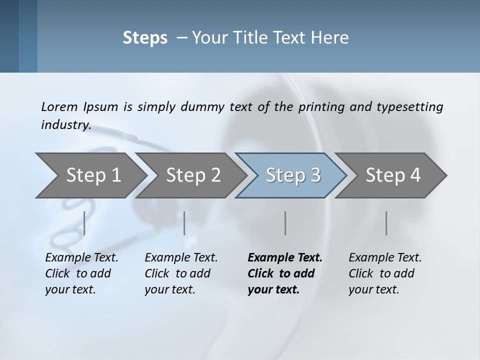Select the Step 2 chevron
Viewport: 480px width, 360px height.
(x=193, y=175)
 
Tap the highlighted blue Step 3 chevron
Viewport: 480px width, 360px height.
(x=293, y=175)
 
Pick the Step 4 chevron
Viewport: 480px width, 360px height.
(x=393, y=175)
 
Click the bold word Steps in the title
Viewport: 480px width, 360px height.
(x=145, y=38)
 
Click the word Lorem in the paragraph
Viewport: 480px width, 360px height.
(x=59, y=106)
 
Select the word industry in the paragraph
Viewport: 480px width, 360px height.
(x=66, y=124)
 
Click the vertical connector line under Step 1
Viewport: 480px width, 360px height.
(x=84, y=223)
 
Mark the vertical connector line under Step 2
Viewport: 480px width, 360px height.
(x=184, y=223)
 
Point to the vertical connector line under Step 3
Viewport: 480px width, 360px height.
(x=285, y=223)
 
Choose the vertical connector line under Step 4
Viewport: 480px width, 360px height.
(x=386, y=223)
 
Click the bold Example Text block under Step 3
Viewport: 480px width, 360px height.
(x=285, y=273)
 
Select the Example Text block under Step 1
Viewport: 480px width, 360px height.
(x=81, y=273)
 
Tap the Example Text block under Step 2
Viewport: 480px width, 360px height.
(x=181, y=273)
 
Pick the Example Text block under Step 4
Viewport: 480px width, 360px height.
(x=385, y=273)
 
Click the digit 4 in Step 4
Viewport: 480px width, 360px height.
(x=414, y=175)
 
